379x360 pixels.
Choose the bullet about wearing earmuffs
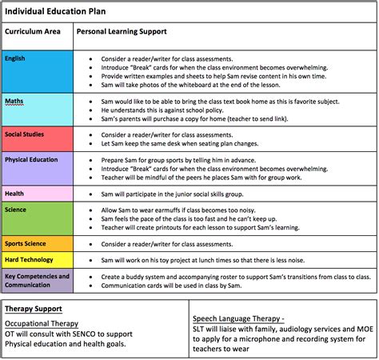click(200, 208)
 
